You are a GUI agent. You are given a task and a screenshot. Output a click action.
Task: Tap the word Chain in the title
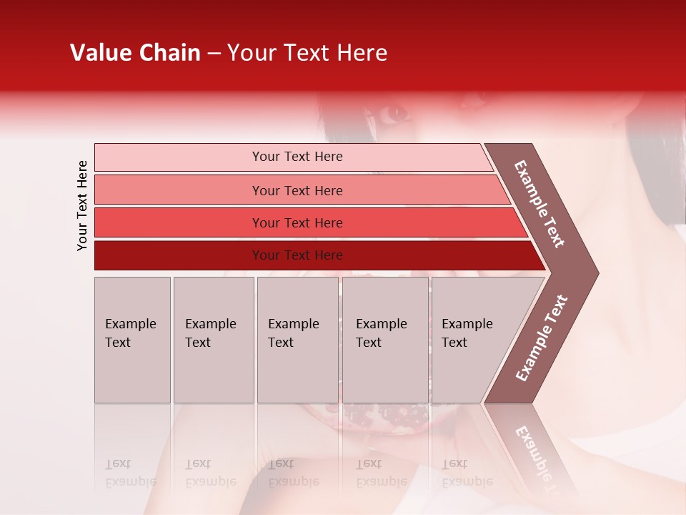pyautogui.click(x=170, y=53)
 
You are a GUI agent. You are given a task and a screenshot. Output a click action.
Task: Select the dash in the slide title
pyautogui.click(x=214, y=54)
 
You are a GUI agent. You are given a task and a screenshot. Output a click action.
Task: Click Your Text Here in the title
pyautogui.click(x=307, y=53)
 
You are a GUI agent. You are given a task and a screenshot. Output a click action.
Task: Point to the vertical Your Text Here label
pyautogui.click(x=82, y=205)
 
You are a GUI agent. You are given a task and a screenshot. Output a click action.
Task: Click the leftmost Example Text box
pyautogui.click(x=132, y=340)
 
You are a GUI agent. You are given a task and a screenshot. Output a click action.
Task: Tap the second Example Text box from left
pyautogui.click(x=213, y=340)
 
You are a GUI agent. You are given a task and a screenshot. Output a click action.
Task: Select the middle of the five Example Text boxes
pyautogui.click(x=297, y=340)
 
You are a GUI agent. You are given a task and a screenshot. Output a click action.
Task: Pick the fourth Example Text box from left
pyautogui.click(x=384, y=340)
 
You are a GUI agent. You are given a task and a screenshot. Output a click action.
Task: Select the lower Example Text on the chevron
pyautogui.click(x=541, y=338)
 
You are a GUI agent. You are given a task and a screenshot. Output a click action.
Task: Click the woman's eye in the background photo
pyautogui.click(x=392, y=112)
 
